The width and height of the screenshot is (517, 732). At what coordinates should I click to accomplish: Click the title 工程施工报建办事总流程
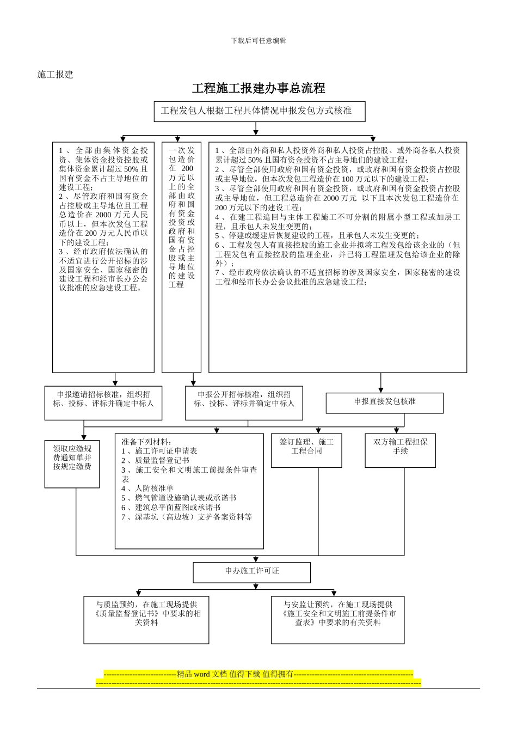coord(258,88)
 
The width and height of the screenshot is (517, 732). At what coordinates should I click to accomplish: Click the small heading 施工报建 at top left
coord(55,75)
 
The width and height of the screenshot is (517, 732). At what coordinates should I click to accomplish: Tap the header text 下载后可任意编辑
coord(258,41)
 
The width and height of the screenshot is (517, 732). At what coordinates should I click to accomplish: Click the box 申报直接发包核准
coord(384,402)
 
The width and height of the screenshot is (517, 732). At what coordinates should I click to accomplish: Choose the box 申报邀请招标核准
coord(103,402)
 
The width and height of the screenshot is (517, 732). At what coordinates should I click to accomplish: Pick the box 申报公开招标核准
coord(244,402)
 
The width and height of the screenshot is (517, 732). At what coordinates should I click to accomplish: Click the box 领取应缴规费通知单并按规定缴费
coord(72,463)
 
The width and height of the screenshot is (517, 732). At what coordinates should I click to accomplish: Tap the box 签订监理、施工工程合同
coord(306,449)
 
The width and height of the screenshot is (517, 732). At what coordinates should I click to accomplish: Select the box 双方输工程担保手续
coord(400,449)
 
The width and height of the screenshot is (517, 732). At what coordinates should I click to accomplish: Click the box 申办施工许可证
coord(251,572)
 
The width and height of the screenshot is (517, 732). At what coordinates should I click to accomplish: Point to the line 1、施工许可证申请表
coord(159,451)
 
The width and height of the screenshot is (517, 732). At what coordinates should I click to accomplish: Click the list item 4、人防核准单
coord(147,489)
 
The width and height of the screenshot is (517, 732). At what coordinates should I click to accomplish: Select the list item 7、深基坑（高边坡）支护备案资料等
coord(187,517)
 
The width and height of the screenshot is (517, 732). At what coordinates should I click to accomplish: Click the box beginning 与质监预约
coord(146,619)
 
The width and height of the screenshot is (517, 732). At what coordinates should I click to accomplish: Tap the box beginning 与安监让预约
coord(337,619)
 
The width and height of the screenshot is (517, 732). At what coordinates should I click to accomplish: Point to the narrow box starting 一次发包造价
coord(181,256)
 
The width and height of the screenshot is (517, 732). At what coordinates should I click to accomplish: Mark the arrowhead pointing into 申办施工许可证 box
coord(256,559)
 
